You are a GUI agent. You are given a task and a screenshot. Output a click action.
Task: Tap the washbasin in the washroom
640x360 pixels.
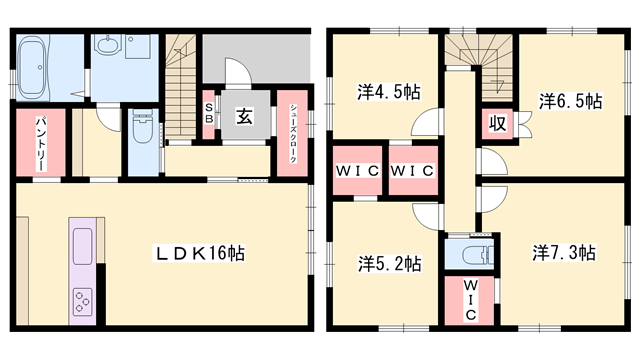109,47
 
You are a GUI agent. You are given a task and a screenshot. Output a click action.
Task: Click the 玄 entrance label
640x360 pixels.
244,116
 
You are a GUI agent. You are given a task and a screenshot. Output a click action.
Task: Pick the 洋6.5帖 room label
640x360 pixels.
571,101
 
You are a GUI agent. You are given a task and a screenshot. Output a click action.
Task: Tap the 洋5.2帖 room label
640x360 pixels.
390,264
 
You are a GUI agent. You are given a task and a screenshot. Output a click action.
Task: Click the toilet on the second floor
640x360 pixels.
465,252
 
